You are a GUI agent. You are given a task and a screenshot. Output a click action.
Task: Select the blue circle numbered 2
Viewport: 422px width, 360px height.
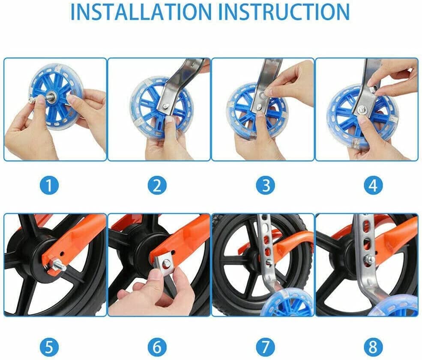point(157,186)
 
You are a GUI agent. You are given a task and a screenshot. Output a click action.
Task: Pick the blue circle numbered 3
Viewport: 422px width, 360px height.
point(265,186)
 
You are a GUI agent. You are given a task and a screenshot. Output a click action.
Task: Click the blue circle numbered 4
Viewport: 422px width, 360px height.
point(372,186)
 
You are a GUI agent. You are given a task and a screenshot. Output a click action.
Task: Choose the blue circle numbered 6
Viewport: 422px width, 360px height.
point(157,344)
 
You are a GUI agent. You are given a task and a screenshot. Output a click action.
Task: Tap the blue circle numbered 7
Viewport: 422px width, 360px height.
point(265,344)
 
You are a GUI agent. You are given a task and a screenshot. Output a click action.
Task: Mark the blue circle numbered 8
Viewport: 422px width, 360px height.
point(372,344)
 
